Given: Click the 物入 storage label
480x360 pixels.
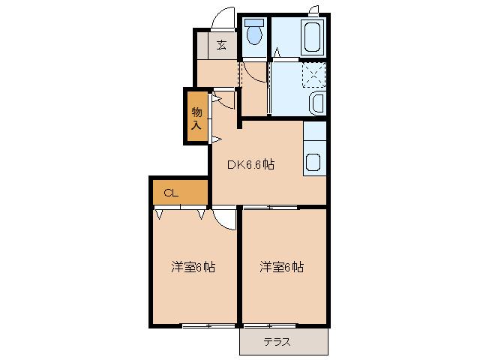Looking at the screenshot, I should [196, 118].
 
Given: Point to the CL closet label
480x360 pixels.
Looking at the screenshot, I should [170, 193].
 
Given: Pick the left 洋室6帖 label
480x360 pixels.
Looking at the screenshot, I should [193, 266].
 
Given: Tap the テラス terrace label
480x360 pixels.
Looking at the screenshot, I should [279, 342].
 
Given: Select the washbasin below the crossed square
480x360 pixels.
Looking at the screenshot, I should [315, 103].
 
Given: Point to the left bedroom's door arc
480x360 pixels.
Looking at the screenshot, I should [223, 217].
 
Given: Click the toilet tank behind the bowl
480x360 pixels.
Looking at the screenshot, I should [252, 21].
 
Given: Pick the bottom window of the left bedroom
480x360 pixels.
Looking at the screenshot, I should [206, 325].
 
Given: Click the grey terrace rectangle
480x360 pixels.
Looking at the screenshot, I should [284, 342].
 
